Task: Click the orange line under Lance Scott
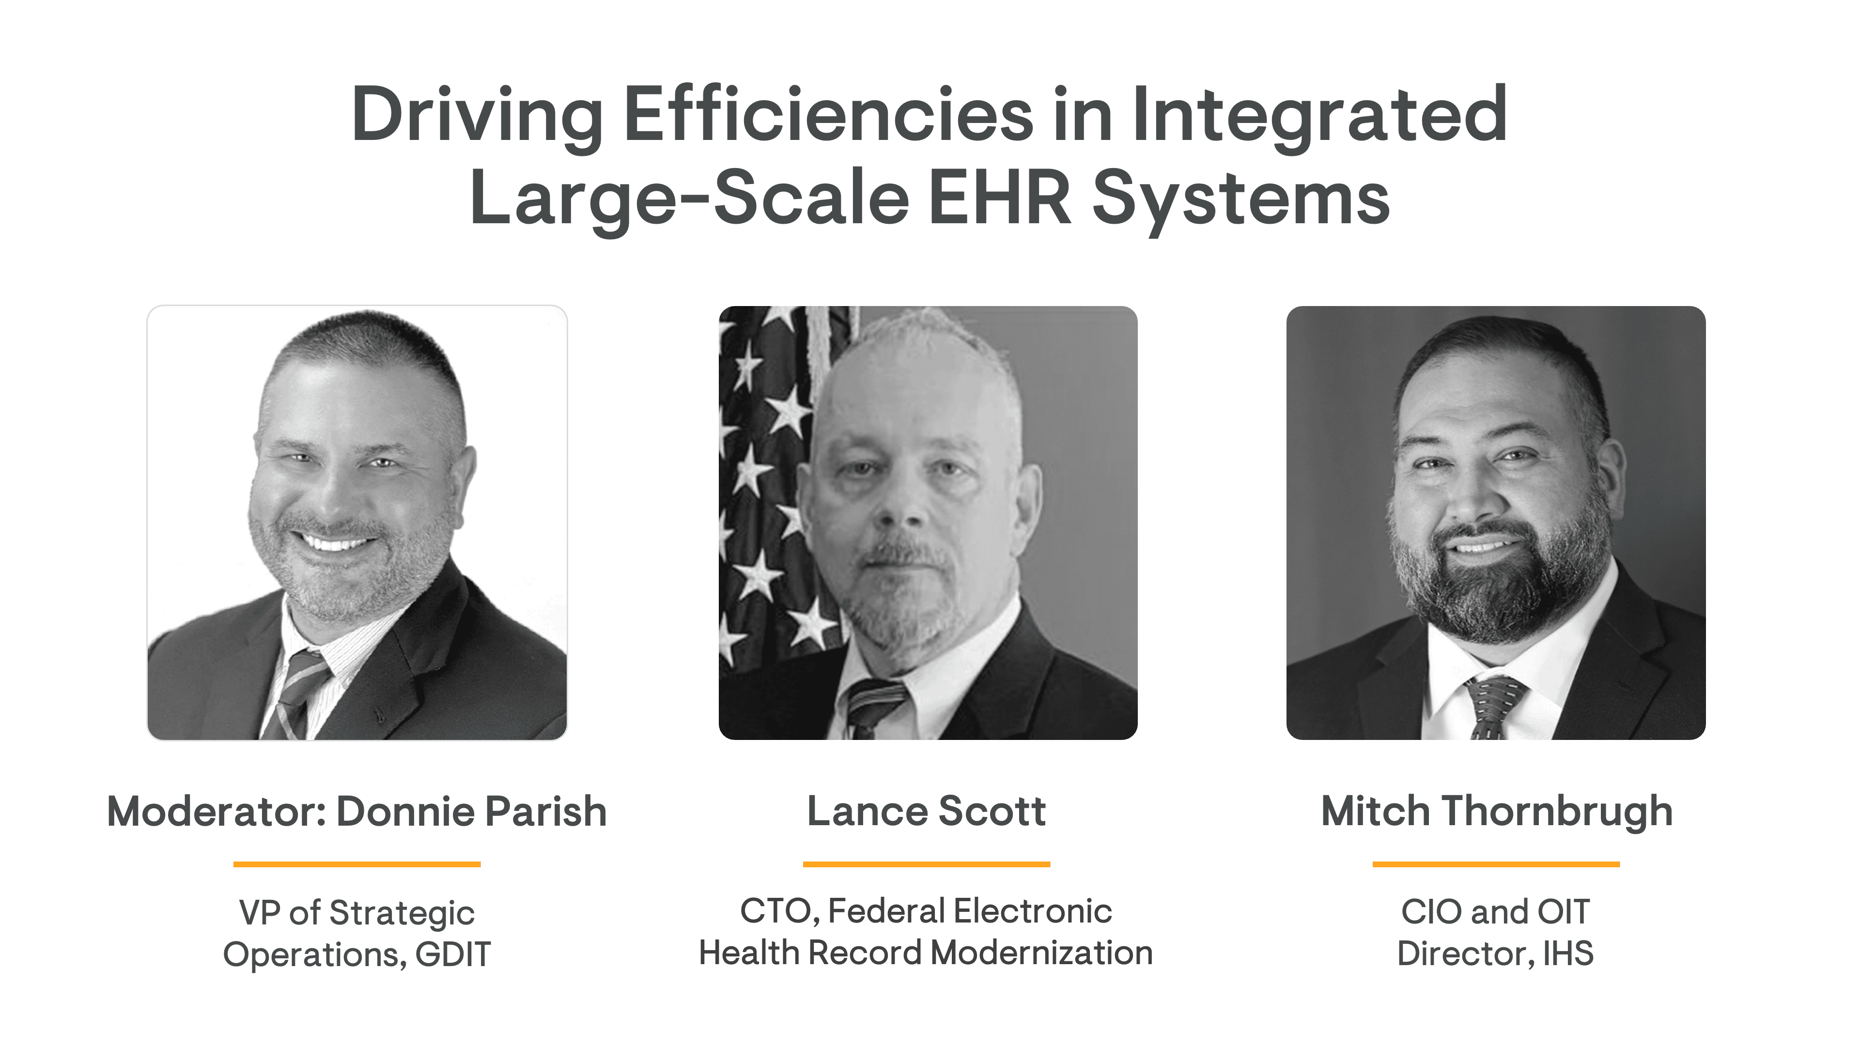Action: click(x=927, y=863)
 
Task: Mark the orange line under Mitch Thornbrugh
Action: click(x=1496, y=863)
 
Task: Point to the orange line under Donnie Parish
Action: click(x=356, y=863)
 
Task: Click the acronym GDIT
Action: click(x=453, y=954)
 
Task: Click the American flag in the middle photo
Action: click(x=776, y=484)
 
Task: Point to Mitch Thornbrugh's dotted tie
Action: click(x=1493, y=708)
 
